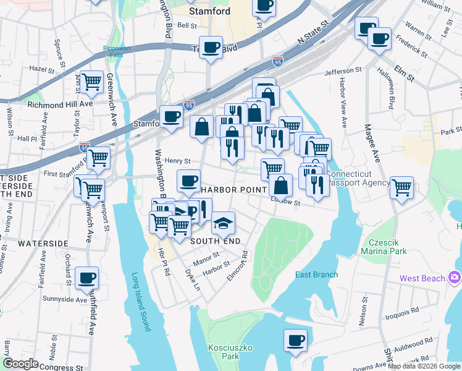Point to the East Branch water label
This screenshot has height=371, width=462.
316,275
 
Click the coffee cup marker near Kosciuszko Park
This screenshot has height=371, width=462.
295,339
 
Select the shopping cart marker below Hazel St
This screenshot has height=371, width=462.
91,80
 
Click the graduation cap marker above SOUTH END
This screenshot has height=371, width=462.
223,221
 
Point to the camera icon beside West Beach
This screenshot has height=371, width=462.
455,278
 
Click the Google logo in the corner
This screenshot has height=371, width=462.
20,363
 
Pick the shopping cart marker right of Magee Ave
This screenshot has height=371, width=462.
401,187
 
